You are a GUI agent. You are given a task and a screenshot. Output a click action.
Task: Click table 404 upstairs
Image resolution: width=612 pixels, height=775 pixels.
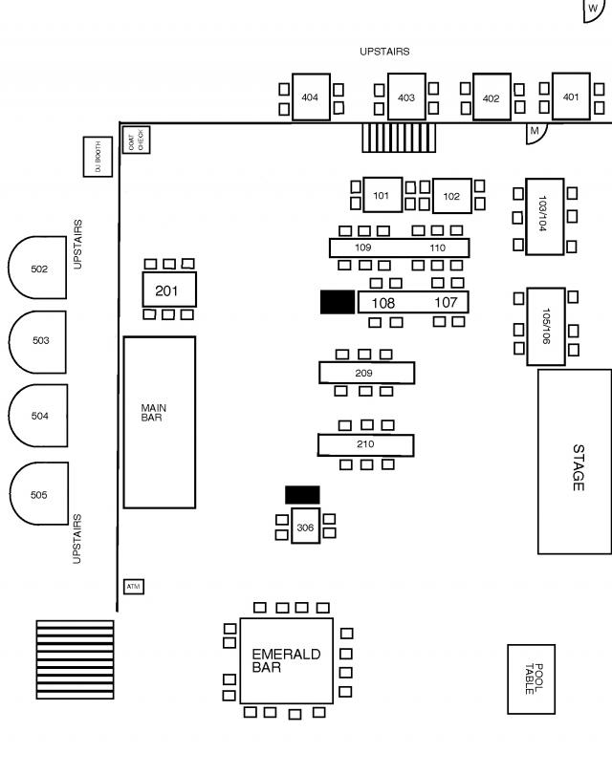311,97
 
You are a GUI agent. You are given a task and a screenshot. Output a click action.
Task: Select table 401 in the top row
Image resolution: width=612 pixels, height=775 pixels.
571,97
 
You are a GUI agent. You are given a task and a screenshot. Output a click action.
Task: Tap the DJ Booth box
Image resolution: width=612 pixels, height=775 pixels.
97,157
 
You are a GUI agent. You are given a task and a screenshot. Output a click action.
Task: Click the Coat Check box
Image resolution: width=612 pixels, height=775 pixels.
136,140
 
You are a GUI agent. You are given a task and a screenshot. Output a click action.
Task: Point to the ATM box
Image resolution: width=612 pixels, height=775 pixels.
134,586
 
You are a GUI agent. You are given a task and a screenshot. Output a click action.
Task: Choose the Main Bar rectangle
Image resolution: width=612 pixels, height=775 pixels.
159,421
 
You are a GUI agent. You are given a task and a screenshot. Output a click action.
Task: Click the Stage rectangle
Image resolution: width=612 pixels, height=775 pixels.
574,461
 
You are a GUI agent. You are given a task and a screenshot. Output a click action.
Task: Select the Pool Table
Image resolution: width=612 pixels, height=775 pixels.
531,678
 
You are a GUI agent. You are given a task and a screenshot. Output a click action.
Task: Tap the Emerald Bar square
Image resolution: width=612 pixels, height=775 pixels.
286,660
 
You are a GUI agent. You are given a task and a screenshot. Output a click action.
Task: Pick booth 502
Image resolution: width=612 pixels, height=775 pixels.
38,269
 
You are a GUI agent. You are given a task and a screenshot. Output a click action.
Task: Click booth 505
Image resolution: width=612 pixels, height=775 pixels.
38,495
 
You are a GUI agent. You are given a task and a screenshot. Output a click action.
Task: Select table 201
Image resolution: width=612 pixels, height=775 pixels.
169,289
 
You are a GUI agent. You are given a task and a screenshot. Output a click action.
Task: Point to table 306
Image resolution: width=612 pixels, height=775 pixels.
305,527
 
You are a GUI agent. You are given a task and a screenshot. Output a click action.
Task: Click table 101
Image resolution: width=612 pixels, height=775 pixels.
382,195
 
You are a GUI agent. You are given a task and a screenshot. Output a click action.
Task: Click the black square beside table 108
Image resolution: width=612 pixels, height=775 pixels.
337,302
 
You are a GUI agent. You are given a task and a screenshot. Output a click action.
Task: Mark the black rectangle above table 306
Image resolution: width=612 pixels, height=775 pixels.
302,494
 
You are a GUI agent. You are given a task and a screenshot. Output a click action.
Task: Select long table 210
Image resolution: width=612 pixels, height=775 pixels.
365,444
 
